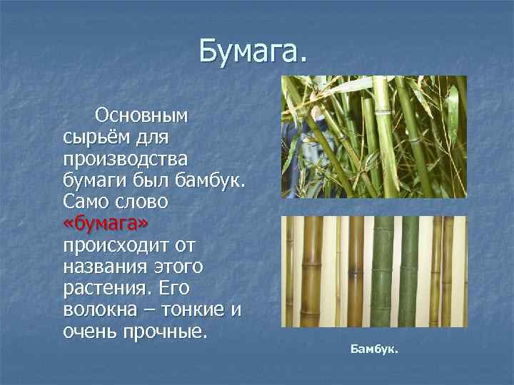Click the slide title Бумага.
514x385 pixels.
point(253,51)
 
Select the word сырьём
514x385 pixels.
point(95,136)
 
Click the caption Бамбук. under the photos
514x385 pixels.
point(375,350)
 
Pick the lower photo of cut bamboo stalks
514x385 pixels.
point(374,272)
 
